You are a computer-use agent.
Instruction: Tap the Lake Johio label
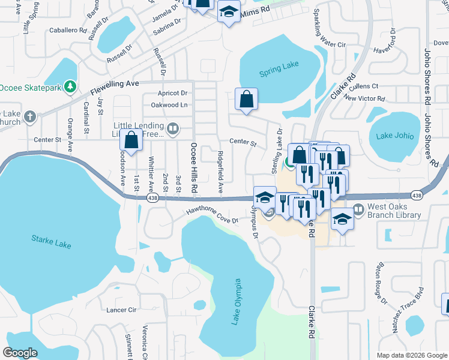tap(395, 136)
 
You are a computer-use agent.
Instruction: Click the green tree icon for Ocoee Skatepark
tap(71, 88)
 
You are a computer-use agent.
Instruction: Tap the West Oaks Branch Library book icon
tap(358, 209)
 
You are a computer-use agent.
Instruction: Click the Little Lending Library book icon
tap(173, 127)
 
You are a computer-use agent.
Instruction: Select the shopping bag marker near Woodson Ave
tap(131, 140)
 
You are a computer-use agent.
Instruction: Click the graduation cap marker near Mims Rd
tap(229, 11)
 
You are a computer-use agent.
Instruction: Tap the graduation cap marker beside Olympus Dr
tap(264, 198)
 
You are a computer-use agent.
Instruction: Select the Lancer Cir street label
tap(121, 310)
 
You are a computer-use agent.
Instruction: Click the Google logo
tap(20, 352)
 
